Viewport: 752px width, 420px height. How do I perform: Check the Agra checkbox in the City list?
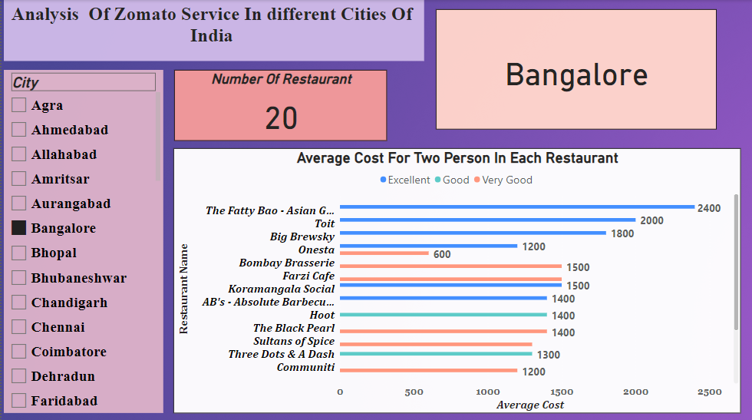19,105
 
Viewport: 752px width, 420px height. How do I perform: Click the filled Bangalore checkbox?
19,228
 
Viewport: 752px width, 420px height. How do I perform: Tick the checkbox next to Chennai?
19,327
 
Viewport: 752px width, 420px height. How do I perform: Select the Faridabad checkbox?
19,401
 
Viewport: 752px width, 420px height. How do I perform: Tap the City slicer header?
83,82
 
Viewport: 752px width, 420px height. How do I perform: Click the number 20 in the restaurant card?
281,118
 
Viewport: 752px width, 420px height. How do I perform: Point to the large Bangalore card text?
576,75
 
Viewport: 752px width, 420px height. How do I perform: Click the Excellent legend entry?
405,180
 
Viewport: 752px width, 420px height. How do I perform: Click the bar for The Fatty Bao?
516,207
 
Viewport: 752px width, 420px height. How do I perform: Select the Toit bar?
487,220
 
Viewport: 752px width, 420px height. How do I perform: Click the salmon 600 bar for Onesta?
384,253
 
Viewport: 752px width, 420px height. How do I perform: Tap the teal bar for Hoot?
443,315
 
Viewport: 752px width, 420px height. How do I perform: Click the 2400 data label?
709,208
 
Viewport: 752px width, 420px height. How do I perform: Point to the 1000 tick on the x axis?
488,392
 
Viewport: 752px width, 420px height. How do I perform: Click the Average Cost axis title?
529,405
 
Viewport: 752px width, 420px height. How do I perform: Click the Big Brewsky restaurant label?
302,236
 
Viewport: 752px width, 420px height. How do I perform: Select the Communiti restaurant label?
305,367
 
